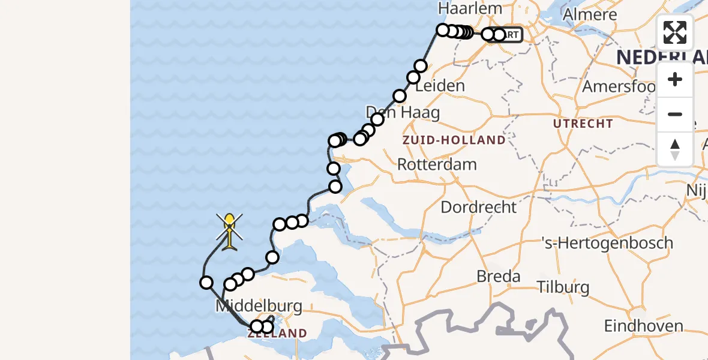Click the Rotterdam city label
tap(437, 164)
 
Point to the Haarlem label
tap(461, 8)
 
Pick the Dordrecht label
tap(478, 208)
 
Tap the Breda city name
tap(497, 277)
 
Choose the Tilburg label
tap(564, 287)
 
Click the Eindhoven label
tap(643, 326)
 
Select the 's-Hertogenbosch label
tap(607, 244)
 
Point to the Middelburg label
tap(259, 307)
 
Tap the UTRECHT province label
tap(583, 124)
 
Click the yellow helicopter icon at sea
tap(230, 232)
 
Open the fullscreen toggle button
tap(675, 32)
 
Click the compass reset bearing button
tap(675, 149)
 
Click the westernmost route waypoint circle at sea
tap(206, 283)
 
